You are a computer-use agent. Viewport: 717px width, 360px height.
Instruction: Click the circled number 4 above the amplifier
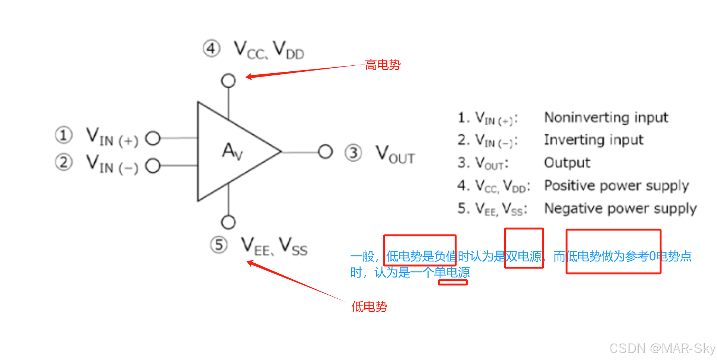coord(211,49)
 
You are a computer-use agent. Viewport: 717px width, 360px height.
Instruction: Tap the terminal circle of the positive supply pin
coord(228,81)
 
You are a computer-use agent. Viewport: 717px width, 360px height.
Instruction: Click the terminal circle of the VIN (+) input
coord(153,138)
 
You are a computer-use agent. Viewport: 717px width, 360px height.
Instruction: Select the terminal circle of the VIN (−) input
coord(153,166)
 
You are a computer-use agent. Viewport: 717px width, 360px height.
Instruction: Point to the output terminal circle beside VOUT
coord(325,152)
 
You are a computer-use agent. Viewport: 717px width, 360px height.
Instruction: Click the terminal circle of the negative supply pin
coord(228,222)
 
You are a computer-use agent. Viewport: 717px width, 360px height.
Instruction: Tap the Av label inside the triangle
coord(232,151)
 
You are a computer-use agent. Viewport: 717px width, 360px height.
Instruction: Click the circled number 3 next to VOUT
coord(353,153)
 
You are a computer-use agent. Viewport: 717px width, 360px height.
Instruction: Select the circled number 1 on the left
coord(63,135)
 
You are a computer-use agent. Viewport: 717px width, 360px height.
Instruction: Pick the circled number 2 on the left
coord(63,162)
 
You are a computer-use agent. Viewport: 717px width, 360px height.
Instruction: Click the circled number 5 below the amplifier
coord(219,245)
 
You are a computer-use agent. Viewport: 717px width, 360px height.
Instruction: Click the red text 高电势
coord(383,65)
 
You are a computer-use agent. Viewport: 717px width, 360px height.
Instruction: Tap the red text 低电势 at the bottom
coord(369,307)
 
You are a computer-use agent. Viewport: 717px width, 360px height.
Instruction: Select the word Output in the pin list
coord(567,163)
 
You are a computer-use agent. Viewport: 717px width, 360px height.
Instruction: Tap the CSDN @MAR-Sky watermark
coord(662,348)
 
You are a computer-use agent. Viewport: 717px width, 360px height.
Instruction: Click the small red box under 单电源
coord(452,282)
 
